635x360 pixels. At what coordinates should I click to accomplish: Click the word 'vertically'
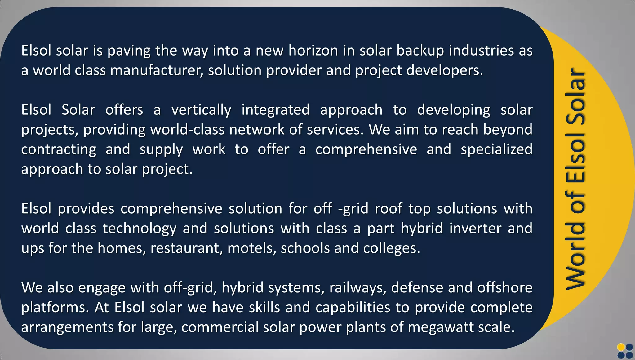[201, 110]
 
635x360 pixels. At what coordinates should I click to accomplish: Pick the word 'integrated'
[276, 110]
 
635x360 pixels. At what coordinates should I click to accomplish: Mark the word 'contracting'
[59, 150]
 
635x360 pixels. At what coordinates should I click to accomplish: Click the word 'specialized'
[496, 150]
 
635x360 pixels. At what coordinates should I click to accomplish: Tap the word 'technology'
[140, 229]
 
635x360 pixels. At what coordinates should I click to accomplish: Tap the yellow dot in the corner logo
[621, 347]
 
